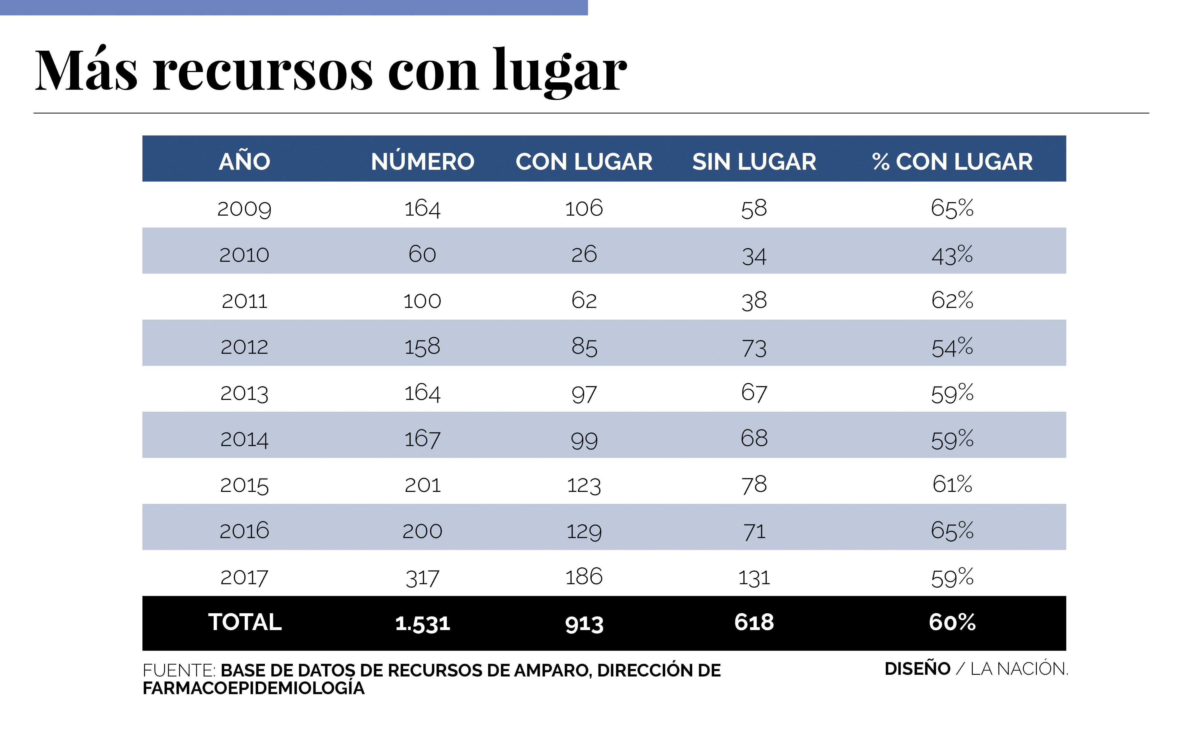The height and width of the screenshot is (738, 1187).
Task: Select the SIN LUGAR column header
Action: point(754,161)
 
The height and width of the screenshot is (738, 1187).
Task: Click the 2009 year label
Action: point(244,209)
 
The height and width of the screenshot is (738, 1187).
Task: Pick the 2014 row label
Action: point(244,439)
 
